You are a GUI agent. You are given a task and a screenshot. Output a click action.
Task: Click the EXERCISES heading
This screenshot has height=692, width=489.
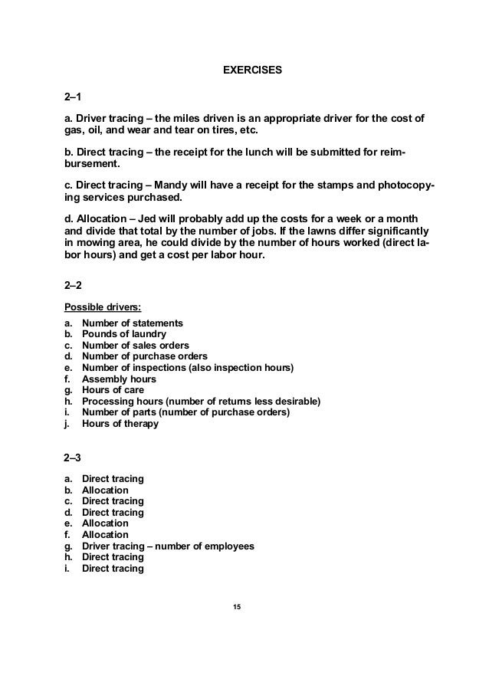click(253, 71)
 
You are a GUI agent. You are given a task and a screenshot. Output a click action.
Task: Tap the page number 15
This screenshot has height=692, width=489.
click(237, 607)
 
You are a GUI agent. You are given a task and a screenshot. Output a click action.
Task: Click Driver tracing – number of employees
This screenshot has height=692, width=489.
click(168, 546)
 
